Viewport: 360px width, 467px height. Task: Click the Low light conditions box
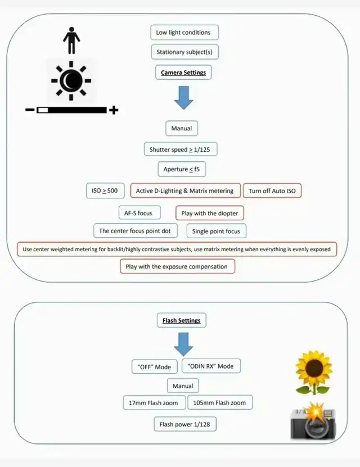(x=184, y=33)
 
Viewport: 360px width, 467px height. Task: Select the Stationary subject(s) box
(x=184, y=52)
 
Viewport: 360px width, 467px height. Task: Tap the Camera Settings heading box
(x=183, y=72)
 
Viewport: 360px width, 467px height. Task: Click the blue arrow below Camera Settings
(x=183, y=97)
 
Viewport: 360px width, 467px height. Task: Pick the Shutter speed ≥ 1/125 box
(x=181, y=149)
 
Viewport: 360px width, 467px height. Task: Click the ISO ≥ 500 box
(x=105, y=191)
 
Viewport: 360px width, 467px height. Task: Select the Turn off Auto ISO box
(x=272, y=191)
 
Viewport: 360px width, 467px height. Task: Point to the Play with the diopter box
(x=210, y=214)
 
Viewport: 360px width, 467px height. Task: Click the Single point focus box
(x=216, y=231)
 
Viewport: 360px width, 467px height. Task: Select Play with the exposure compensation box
(x=177, y=266)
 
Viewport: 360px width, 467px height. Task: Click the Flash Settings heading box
(x=181, y=321)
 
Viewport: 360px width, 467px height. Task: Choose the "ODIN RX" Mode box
(x=211, y=366)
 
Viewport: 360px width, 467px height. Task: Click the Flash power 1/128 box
(x=184, y=424)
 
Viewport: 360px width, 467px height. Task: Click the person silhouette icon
(x=71, y=42)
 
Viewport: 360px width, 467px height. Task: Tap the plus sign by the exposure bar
(x=114, y=110)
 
